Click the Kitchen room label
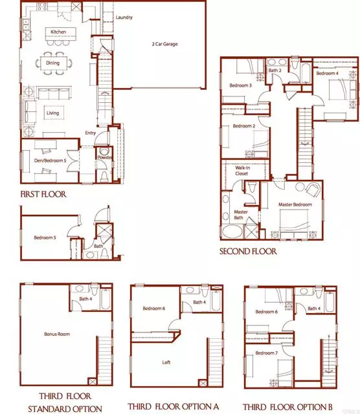tap(58, 31)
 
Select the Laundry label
tap(124, 17)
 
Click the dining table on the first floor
tap(53, 63)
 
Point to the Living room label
tap(52, 113)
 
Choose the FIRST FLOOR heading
tap(43, 193)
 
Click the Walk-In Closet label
tap(243, 171)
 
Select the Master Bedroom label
tap(295, 205)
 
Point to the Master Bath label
tap(241, 215)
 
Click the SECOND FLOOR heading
tap(248, 251)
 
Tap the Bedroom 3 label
tap(240, 85)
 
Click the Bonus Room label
tap(57, 334)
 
